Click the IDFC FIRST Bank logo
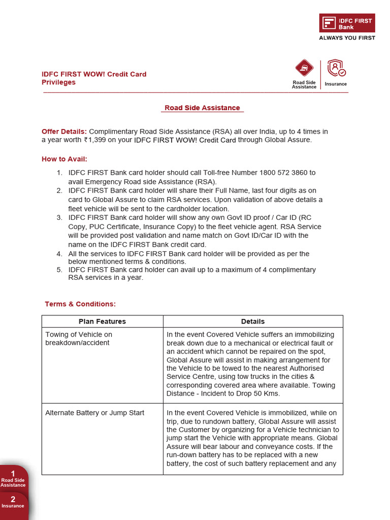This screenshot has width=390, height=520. pos(347,23)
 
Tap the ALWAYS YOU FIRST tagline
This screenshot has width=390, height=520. pos(347,38)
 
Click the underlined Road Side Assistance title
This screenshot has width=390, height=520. pos(202,108)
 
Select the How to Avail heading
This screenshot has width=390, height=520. pos(64,159)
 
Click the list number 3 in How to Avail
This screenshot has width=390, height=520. pos(59,217)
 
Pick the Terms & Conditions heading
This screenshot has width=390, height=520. pos(80,304)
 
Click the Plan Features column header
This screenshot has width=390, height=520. pos(102,321)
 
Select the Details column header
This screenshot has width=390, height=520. pos(253,321)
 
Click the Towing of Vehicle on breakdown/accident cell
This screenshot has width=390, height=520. pos(79,339)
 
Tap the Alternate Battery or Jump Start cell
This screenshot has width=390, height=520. pos(95,413)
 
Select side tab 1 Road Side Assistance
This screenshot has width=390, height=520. pos(13,479)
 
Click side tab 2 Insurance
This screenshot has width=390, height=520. pos(13,503)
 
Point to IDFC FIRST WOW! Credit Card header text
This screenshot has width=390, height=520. pos(94,74)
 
